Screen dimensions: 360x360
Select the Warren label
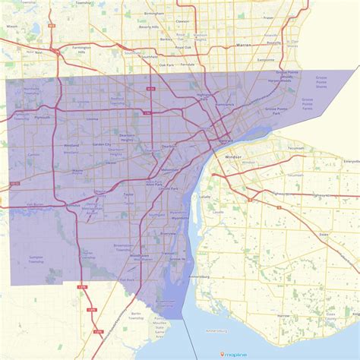[x=243, y=45]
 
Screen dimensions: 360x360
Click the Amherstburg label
[x=216, y=332]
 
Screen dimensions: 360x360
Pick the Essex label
[x=322, y=235]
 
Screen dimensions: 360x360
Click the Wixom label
[x=11, y=26]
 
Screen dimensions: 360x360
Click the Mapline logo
[x=236, y=353]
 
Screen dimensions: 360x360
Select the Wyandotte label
[x=179, y=218]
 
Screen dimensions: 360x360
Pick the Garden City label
[x=102, y=144]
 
